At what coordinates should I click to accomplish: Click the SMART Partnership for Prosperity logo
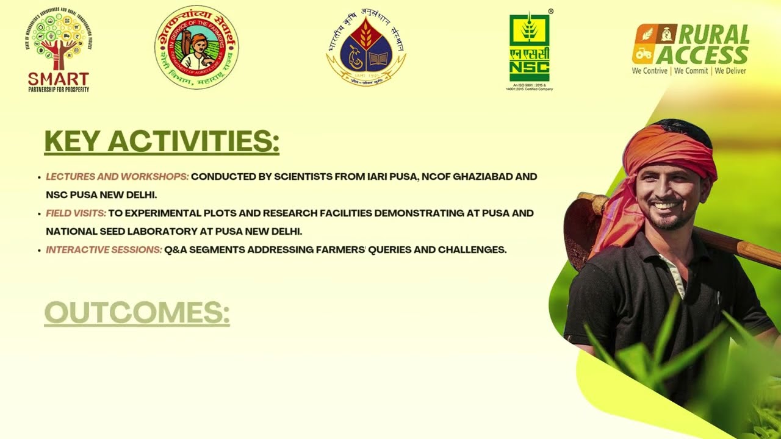click(59, 52)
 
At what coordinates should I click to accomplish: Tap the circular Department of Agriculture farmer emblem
click(196, 48)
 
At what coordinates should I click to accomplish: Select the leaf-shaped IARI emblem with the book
click(366, 49)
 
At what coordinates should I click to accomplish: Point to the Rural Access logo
click(691, 45)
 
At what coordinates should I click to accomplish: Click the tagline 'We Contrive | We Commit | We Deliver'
click(689, 71)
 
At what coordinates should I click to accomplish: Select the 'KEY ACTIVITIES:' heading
click(162, 141)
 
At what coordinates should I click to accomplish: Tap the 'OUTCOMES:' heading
click(137, 313)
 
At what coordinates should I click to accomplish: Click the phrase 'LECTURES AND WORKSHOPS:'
click(117, 177)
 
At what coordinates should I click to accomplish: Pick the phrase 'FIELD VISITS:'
click(76, 213)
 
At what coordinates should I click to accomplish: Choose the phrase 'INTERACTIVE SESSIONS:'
click(104, 250)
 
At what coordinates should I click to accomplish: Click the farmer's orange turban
click(671, 149)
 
